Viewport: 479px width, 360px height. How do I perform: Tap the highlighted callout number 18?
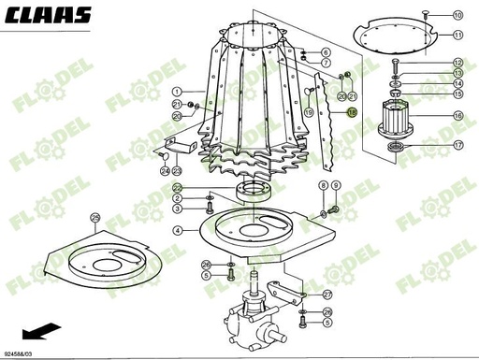pyautogui.click(x=353, y=111)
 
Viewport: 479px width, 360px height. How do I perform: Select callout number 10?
pyautogui.click(x=457, y=15)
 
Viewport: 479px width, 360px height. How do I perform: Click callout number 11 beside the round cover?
pyautogui.click(x=457, y=35)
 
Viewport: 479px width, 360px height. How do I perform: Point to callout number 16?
pyautogui.click(x=457, y=116)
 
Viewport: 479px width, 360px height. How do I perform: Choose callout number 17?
pyautogui.click(x=457, y=146)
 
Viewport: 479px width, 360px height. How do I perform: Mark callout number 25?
pyautogui.click(x=94, y=218)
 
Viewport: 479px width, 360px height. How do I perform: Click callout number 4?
pyautogui.click(x=177, y=230)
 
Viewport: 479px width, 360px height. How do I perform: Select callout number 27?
pyautogui.click(x=327, y=293)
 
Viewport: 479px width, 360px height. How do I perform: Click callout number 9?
pyautogui.click(x=336, y=185)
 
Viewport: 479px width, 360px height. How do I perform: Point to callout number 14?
pyautogui.click(x=457, y=83)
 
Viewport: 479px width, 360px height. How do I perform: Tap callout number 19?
pyautogui.click(x=305, y=111)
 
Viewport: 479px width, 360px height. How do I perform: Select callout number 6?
pyautogui.click(x=326, y=51)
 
